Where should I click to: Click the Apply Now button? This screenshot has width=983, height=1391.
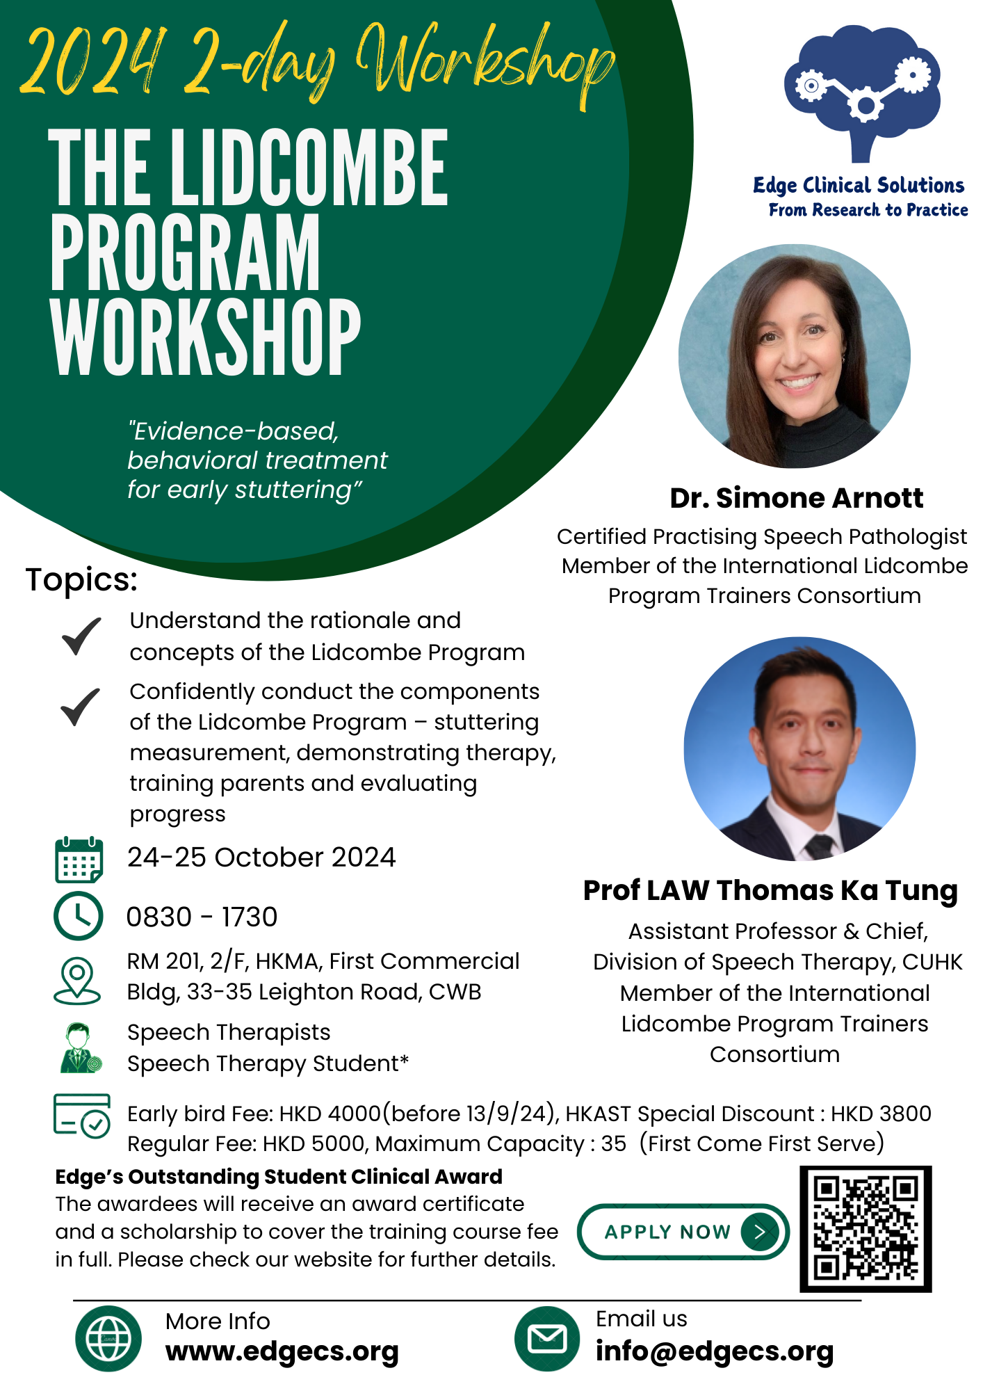pyautogui.click(x=683, y=1232)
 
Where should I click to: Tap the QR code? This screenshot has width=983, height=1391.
pyautogui.click(x=866, y=1229)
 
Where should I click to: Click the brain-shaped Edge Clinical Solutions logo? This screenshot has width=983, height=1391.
pyautogui.click(x=862, y=90)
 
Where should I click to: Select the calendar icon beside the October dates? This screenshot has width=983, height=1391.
pyautogui.click(x=79, y=860)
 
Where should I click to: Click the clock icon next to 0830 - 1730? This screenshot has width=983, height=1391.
pyautogui.click(x=79, y=916)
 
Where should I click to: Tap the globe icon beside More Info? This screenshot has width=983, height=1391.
pyautogui.click(x=108, y=1338)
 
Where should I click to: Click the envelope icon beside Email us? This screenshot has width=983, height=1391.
pyautogui.click(x=547, y=1338)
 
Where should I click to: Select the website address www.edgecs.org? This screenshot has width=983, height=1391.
pyautogui.click(x=282, y=1351)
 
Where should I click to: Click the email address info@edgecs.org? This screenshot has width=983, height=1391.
pyautogui.click(x=715, y=1351)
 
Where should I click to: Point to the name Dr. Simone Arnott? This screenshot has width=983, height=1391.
pyautogui.click(x=796, y=498)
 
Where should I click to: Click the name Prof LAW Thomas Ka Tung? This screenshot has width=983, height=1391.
pyautogui.click(x=770, y=890)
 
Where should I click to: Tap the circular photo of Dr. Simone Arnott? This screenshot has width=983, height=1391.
pyautogui.click(x=795, y=355)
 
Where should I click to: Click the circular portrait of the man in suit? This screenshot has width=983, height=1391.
pyautogui.click(x=799, y=749)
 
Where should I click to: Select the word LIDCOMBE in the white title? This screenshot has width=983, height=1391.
pyautogui.click(x=309, y=168)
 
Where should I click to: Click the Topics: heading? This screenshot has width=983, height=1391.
pyautogui.click(x=82, y=579)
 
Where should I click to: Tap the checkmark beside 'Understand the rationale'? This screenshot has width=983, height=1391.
pyautogui.click(x=81, y=636)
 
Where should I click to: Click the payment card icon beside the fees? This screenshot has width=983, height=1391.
pyautogui.click(x=81, y=1116)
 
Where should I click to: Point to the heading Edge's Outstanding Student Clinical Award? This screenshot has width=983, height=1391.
pyautogui.click(x=279, y=1177)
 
